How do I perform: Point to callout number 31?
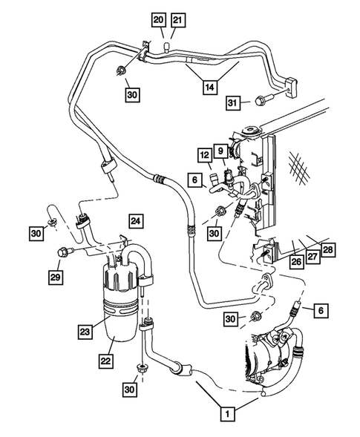232,102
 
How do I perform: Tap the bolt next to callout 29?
64,252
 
